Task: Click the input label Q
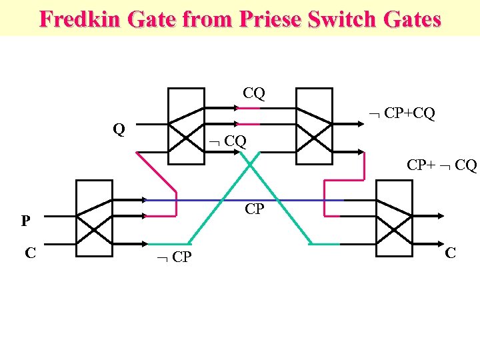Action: [x=119, y=129]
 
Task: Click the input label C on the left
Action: [x=29, y=253]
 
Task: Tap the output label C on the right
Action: [x=451, y=253]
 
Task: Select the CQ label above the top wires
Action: [x=254, y=93]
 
